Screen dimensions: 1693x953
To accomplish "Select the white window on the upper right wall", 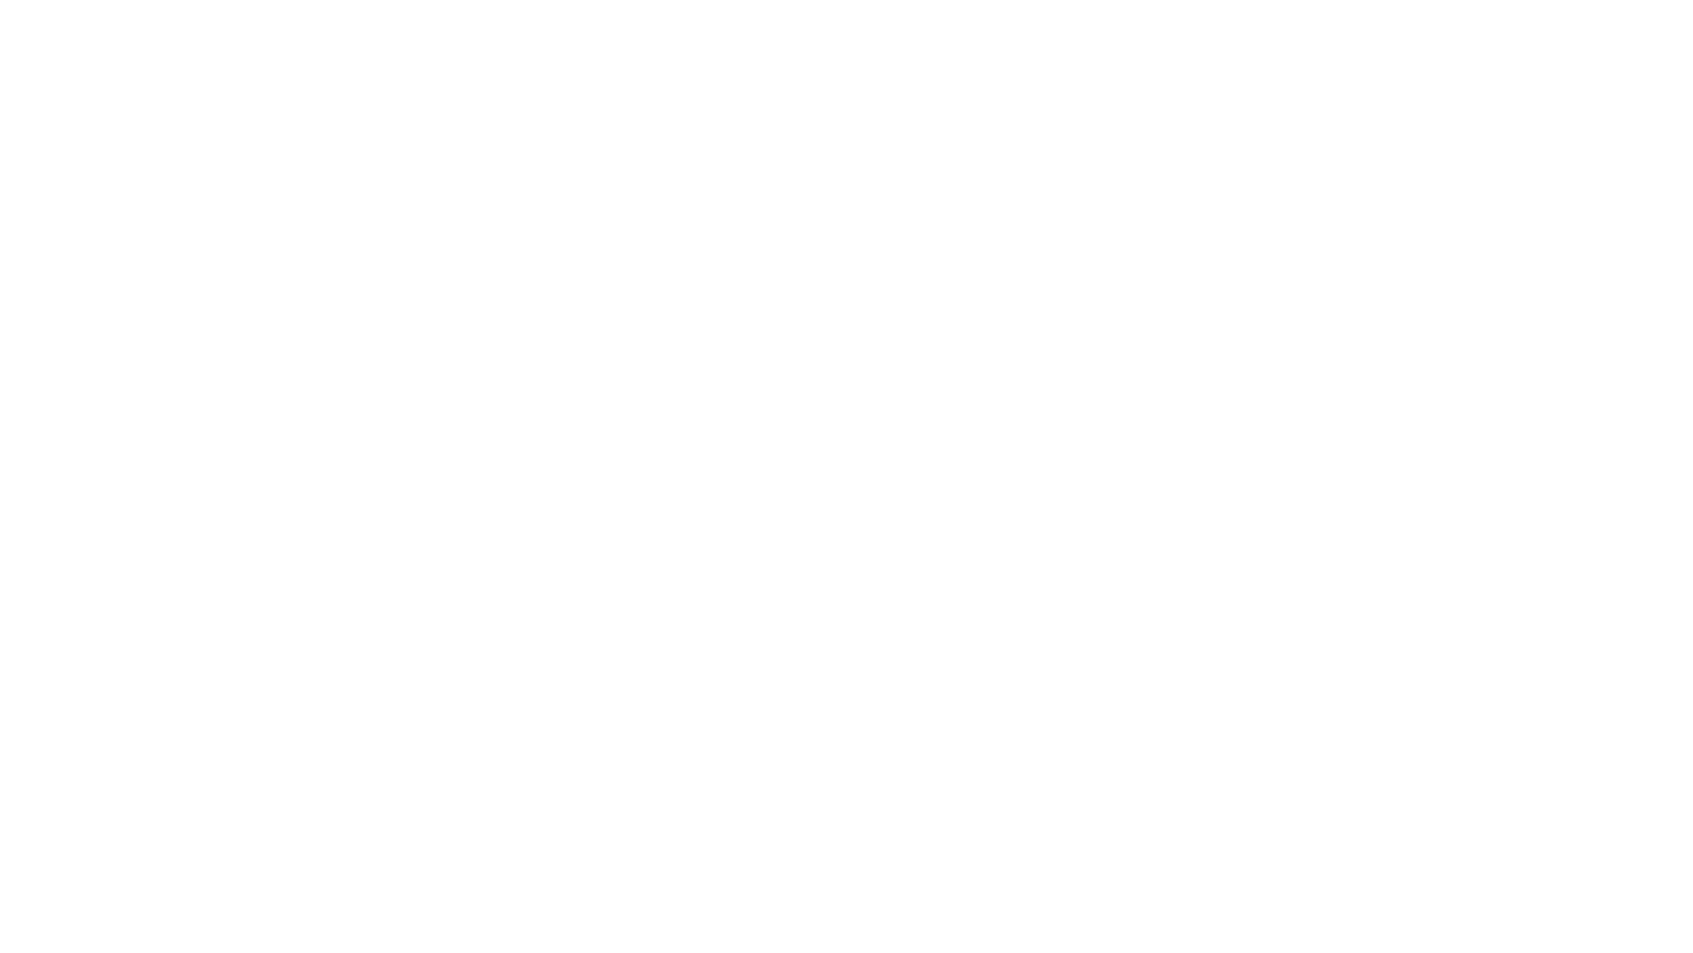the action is pos(1135,245).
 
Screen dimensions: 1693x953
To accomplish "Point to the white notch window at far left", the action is pos(489,245).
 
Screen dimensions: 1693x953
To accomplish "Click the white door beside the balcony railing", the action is pos(1077,488).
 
